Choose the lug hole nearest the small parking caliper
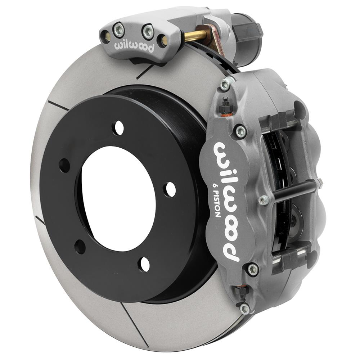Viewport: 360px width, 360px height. (118, 128)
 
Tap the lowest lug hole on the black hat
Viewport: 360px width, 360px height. (144, 265)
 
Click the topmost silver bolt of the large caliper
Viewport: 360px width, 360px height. (226, 85)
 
